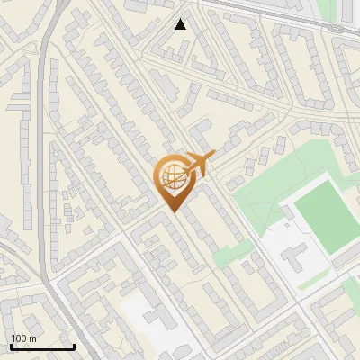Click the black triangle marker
coord(181,24)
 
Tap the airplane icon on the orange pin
coord(196,166)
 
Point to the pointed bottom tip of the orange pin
coord(172,211)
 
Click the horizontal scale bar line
coord(42,347)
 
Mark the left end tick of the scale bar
coord(11,346)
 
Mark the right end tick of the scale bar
coord(75,346)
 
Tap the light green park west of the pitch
coord(261,193)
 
